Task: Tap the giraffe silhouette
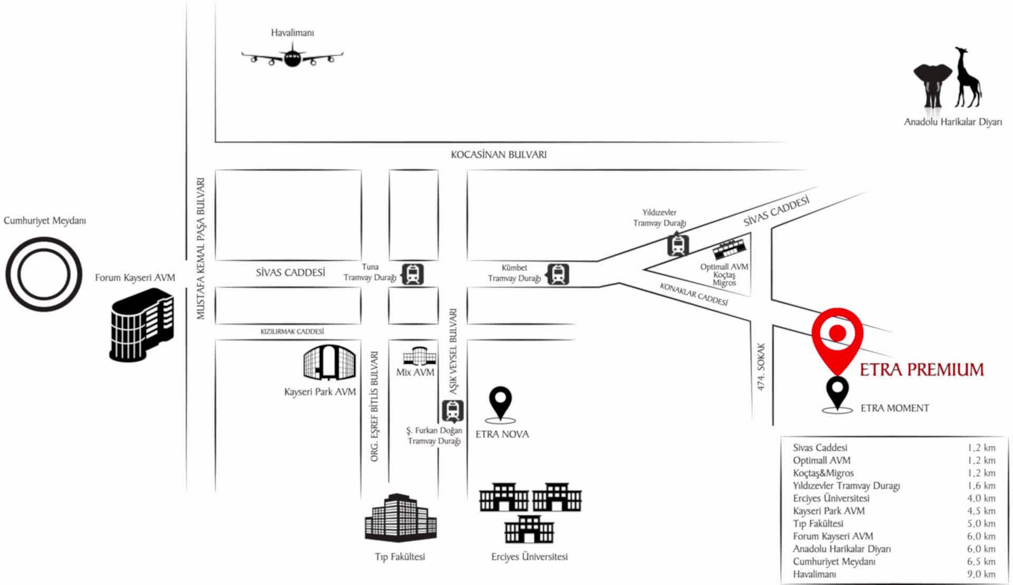(968, 79)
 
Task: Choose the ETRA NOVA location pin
(500, 403)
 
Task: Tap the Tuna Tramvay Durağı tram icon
(413, 274)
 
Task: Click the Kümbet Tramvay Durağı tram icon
(558, 274)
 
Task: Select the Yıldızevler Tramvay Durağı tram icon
(677, 245)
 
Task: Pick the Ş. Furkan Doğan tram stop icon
(453, 411)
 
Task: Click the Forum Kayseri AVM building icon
(142, 326)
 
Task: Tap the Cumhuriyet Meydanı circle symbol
(44, 274)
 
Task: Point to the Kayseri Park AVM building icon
(329, 363)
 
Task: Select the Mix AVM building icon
(419, 356)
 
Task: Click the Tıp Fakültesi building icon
(400, 518)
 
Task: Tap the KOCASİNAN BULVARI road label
(499, 155)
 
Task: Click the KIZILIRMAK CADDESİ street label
(292, 331)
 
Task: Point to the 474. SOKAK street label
(761, 367)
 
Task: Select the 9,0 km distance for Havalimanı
(981, 574)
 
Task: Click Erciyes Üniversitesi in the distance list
(831, 498)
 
